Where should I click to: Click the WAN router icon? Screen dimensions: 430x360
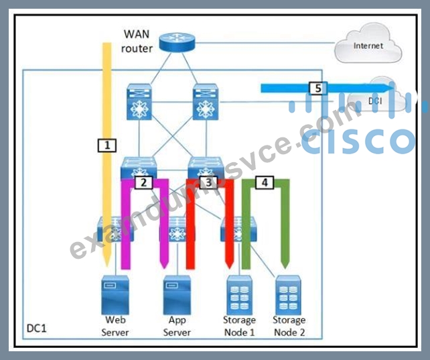(177, 42)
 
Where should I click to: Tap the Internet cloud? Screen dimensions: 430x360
(368, 44)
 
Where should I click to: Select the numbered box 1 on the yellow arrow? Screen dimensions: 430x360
(107, 145)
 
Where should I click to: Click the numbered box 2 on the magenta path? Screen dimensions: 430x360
(143, 182)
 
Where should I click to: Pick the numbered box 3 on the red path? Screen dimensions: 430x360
(208, 182)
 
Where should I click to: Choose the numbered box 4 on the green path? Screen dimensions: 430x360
(265, 182)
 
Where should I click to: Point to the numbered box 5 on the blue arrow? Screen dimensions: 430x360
(318, 88)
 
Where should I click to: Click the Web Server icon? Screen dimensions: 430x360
(115, 296)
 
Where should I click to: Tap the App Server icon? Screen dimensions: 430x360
(177, 296)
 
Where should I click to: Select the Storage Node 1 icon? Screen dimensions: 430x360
(239, 296)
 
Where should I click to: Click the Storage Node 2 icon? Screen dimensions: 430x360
(288, 296)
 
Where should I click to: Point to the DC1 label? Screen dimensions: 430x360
(36, 328)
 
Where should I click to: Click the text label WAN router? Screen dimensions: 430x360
(137, 41)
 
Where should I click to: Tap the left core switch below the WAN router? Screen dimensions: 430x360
(139, 102)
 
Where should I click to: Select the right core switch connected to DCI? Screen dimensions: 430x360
(206, 102)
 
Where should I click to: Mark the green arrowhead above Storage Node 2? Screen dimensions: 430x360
(285, 263)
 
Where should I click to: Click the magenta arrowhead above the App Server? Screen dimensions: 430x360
(164, 263)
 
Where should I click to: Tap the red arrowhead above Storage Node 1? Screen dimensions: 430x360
(229, 263)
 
